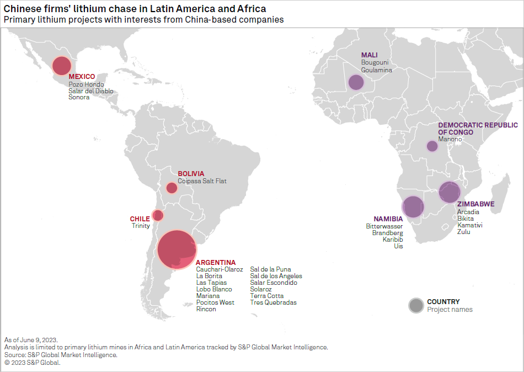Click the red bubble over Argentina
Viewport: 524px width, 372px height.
pyautogui.click(x=177, y=249)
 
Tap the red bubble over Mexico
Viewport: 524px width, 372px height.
pyautogui.click(x=62, y=66)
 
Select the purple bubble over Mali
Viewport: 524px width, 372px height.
pyautogui.click(x=356, y=82)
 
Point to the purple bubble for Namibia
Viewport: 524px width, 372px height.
pyautogui.click(x=413, y=207)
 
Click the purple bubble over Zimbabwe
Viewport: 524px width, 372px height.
pyautogui.click(x=449, y=193)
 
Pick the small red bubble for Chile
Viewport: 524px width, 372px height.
pyautogui.click(x=158, y=215)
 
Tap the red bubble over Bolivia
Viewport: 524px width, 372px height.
pyautogui.click(x=172, y=188)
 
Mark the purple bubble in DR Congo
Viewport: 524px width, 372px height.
pyautogui.click(x=432, y=146)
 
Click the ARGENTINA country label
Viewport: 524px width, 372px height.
pyautogui.click(x=216, y=262)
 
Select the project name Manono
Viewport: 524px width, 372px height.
pyautogui.click(x=450, y=139)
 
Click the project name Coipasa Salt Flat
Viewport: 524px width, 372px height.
pyautogui.click(x=202, y=181)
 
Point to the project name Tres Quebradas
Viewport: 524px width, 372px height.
pyautogui.click(x=273, y=302)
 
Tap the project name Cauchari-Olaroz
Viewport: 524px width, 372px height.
pyautogui.click(x=220, y=269)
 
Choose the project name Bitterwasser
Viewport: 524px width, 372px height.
pyautogui.click(x=384, y=226)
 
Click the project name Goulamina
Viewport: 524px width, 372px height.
pyautogui.click(x=377, y=70)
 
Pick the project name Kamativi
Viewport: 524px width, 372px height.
pyautogui.click(x=470, y=225)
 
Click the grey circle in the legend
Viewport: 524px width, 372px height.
pyautogui.click(x=416, y=305)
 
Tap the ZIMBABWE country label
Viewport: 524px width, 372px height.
pyautogui.click(x=476, y=204)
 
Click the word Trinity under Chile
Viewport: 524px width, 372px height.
pyautogui.click(x=141, y=226)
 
